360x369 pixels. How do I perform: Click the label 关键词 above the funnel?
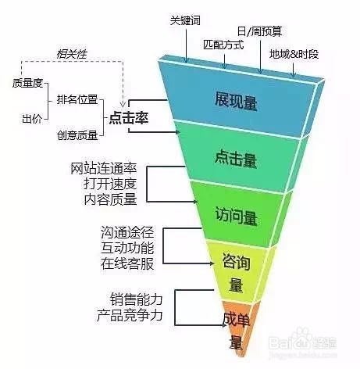coord(185,20)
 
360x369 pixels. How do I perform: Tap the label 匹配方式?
coord(223,45)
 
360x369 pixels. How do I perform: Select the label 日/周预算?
coord(259,31)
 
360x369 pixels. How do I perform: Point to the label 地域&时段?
coord(294,54)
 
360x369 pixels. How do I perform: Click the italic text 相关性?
coord(72,54)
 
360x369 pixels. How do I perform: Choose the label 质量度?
coord(27,83)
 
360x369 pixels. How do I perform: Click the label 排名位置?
coord(77,99)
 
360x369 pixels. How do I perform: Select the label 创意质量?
coord(77,135)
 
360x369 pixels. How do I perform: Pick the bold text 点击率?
coord(129,118)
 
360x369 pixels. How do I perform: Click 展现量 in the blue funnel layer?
coord(236,101)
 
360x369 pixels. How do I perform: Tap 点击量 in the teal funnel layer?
coord(236,159)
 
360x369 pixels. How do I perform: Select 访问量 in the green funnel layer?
coord(236,216)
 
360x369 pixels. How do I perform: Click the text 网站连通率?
coord(104,169)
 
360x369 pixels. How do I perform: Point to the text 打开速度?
coord(110,184)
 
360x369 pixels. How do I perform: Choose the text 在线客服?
coord(127,263)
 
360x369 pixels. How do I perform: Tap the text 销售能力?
coord(137,299)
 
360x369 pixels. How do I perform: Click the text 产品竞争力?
coord(130,315)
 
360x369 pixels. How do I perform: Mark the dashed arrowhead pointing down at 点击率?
coord(123,103)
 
